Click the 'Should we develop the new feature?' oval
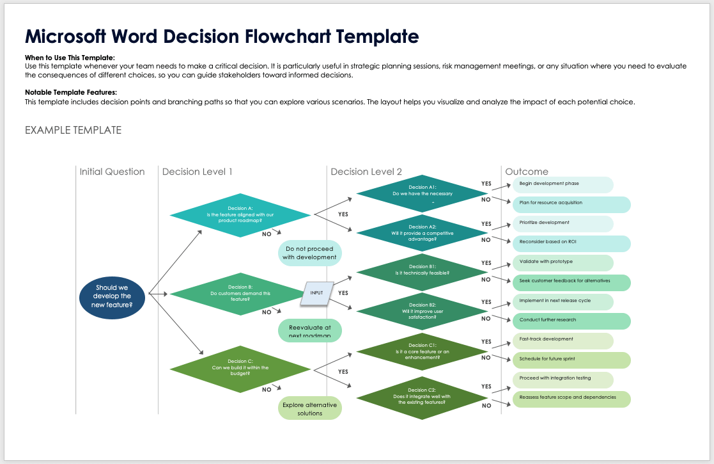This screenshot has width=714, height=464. click(x=112, y=296)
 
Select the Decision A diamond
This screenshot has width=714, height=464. click(x=240, y=215)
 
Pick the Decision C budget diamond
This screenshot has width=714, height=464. click(x=240, y=369)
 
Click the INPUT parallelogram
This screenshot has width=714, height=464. click(x=318, y=292)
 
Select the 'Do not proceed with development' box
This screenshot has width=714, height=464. click(x=310, y=253)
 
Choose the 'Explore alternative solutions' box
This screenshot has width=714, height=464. click(x=310, y=408)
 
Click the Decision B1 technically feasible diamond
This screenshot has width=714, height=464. click(x=422, y=270)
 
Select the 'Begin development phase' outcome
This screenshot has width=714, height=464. click(x=563, y=184)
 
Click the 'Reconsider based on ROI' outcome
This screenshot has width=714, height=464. click(x=571, y=244)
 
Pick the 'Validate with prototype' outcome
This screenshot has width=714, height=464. click(x=563, y=262)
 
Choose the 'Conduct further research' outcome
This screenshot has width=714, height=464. click(x=571, y=321)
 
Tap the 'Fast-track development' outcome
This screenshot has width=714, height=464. click(x=563, y=340)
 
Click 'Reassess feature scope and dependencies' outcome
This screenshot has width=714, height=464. click(x=571, y=399)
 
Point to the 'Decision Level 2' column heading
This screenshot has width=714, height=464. click(x=366, y=172)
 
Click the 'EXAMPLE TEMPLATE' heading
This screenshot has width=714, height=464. click(x=73, y=130)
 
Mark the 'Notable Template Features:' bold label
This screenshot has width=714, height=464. click(x=70, y=93)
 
